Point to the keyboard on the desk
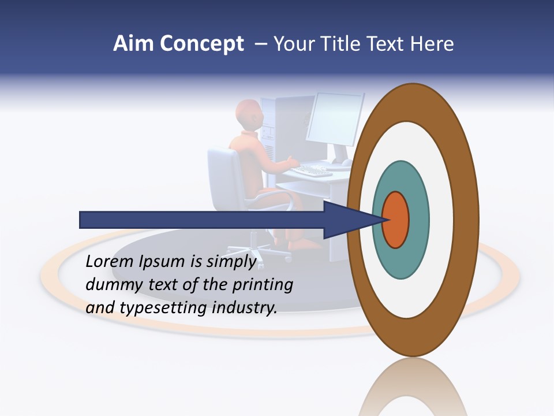pyautogui.click(x=312, y=170)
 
